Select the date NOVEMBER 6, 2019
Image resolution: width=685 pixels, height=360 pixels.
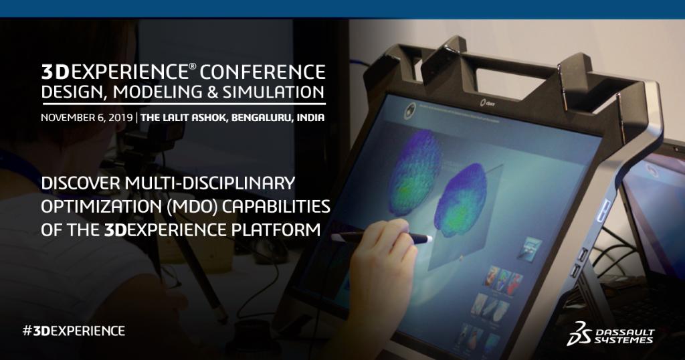coord(86,118)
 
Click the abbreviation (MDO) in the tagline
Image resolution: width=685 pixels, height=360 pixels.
coord(197,205)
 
